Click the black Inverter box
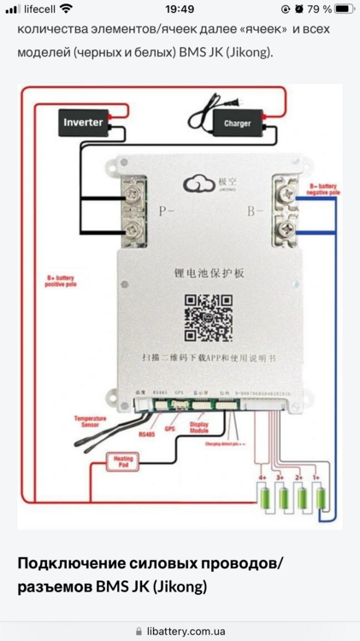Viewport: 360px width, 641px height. click(x=83, y=122)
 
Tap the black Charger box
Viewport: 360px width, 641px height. click(x=237, y=122)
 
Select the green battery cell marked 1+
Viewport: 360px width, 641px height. click(x=322, y=499)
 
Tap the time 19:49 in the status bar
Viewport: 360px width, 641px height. click(x=180, y=9)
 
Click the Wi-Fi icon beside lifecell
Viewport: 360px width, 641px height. click(x=66, y=9)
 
